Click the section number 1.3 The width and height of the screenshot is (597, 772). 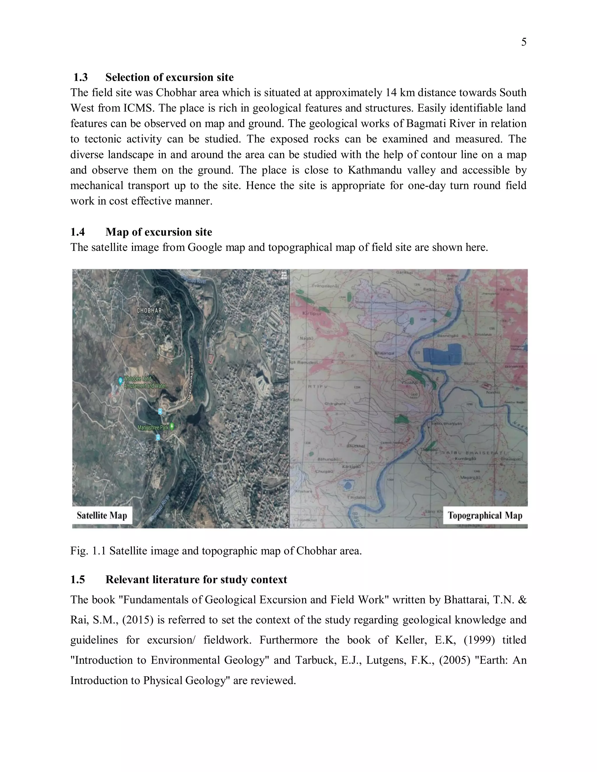[x=81, y=77]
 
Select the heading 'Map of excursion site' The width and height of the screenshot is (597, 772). [x=159, y=232]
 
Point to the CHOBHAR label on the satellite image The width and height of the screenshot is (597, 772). [x=149, y=310]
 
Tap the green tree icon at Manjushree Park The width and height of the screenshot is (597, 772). [x=172, y=426]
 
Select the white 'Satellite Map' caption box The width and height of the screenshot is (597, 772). [x=102, y=515]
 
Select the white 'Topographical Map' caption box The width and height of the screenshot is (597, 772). [x=484, y=515]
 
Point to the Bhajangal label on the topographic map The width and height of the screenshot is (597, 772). [x=384, y=353]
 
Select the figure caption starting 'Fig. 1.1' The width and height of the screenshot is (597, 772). [x=216, y=551]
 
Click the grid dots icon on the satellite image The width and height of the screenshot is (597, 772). [x=284, y=276]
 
